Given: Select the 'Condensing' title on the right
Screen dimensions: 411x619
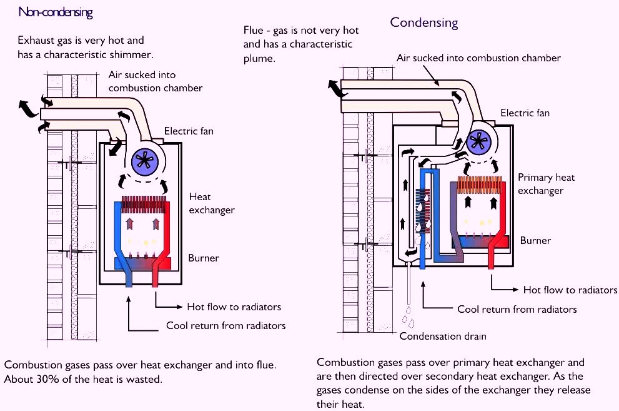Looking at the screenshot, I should tap(424, 23).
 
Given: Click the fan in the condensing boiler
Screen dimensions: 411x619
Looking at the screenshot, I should tap(480, 140).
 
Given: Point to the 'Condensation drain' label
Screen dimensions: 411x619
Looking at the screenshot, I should tap(443, 336).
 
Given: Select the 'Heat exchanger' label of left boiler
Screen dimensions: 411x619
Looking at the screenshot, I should tap(212, 203).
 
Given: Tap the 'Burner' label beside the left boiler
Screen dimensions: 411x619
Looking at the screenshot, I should tap(204, 258).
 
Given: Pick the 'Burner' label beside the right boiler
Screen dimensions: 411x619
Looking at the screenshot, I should tap(535, 240).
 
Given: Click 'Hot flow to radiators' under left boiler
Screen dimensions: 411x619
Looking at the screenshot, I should tap(234, 307).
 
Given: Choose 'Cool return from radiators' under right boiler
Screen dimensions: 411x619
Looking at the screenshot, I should tap(517, 309).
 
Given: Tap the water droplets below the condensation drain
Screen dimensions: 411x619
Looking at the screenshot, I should tap(409, 317).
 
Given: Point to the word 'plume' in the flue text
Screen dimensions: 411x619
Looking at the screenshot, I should tap(260, 58).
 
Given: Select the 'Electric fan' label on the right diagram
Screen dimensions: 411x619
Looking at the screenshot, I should tap(525, 113).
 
